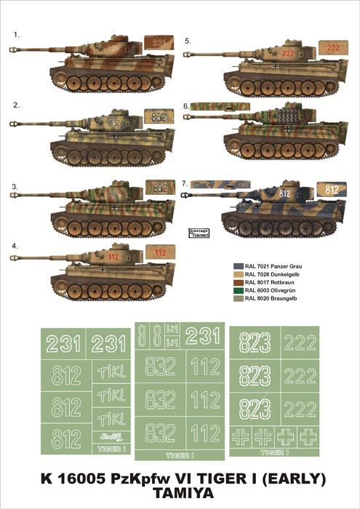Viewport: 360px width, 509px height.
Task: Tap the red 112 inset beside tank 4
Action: pyautogui.click(x=160, y=252)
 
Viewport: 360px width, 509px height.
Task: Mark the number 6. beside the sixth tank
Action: pyautogui.click(x=186, y=106)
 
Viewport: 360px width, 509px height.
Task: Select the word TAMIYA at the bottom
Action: pyautogui.click(x=180, y=497)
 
